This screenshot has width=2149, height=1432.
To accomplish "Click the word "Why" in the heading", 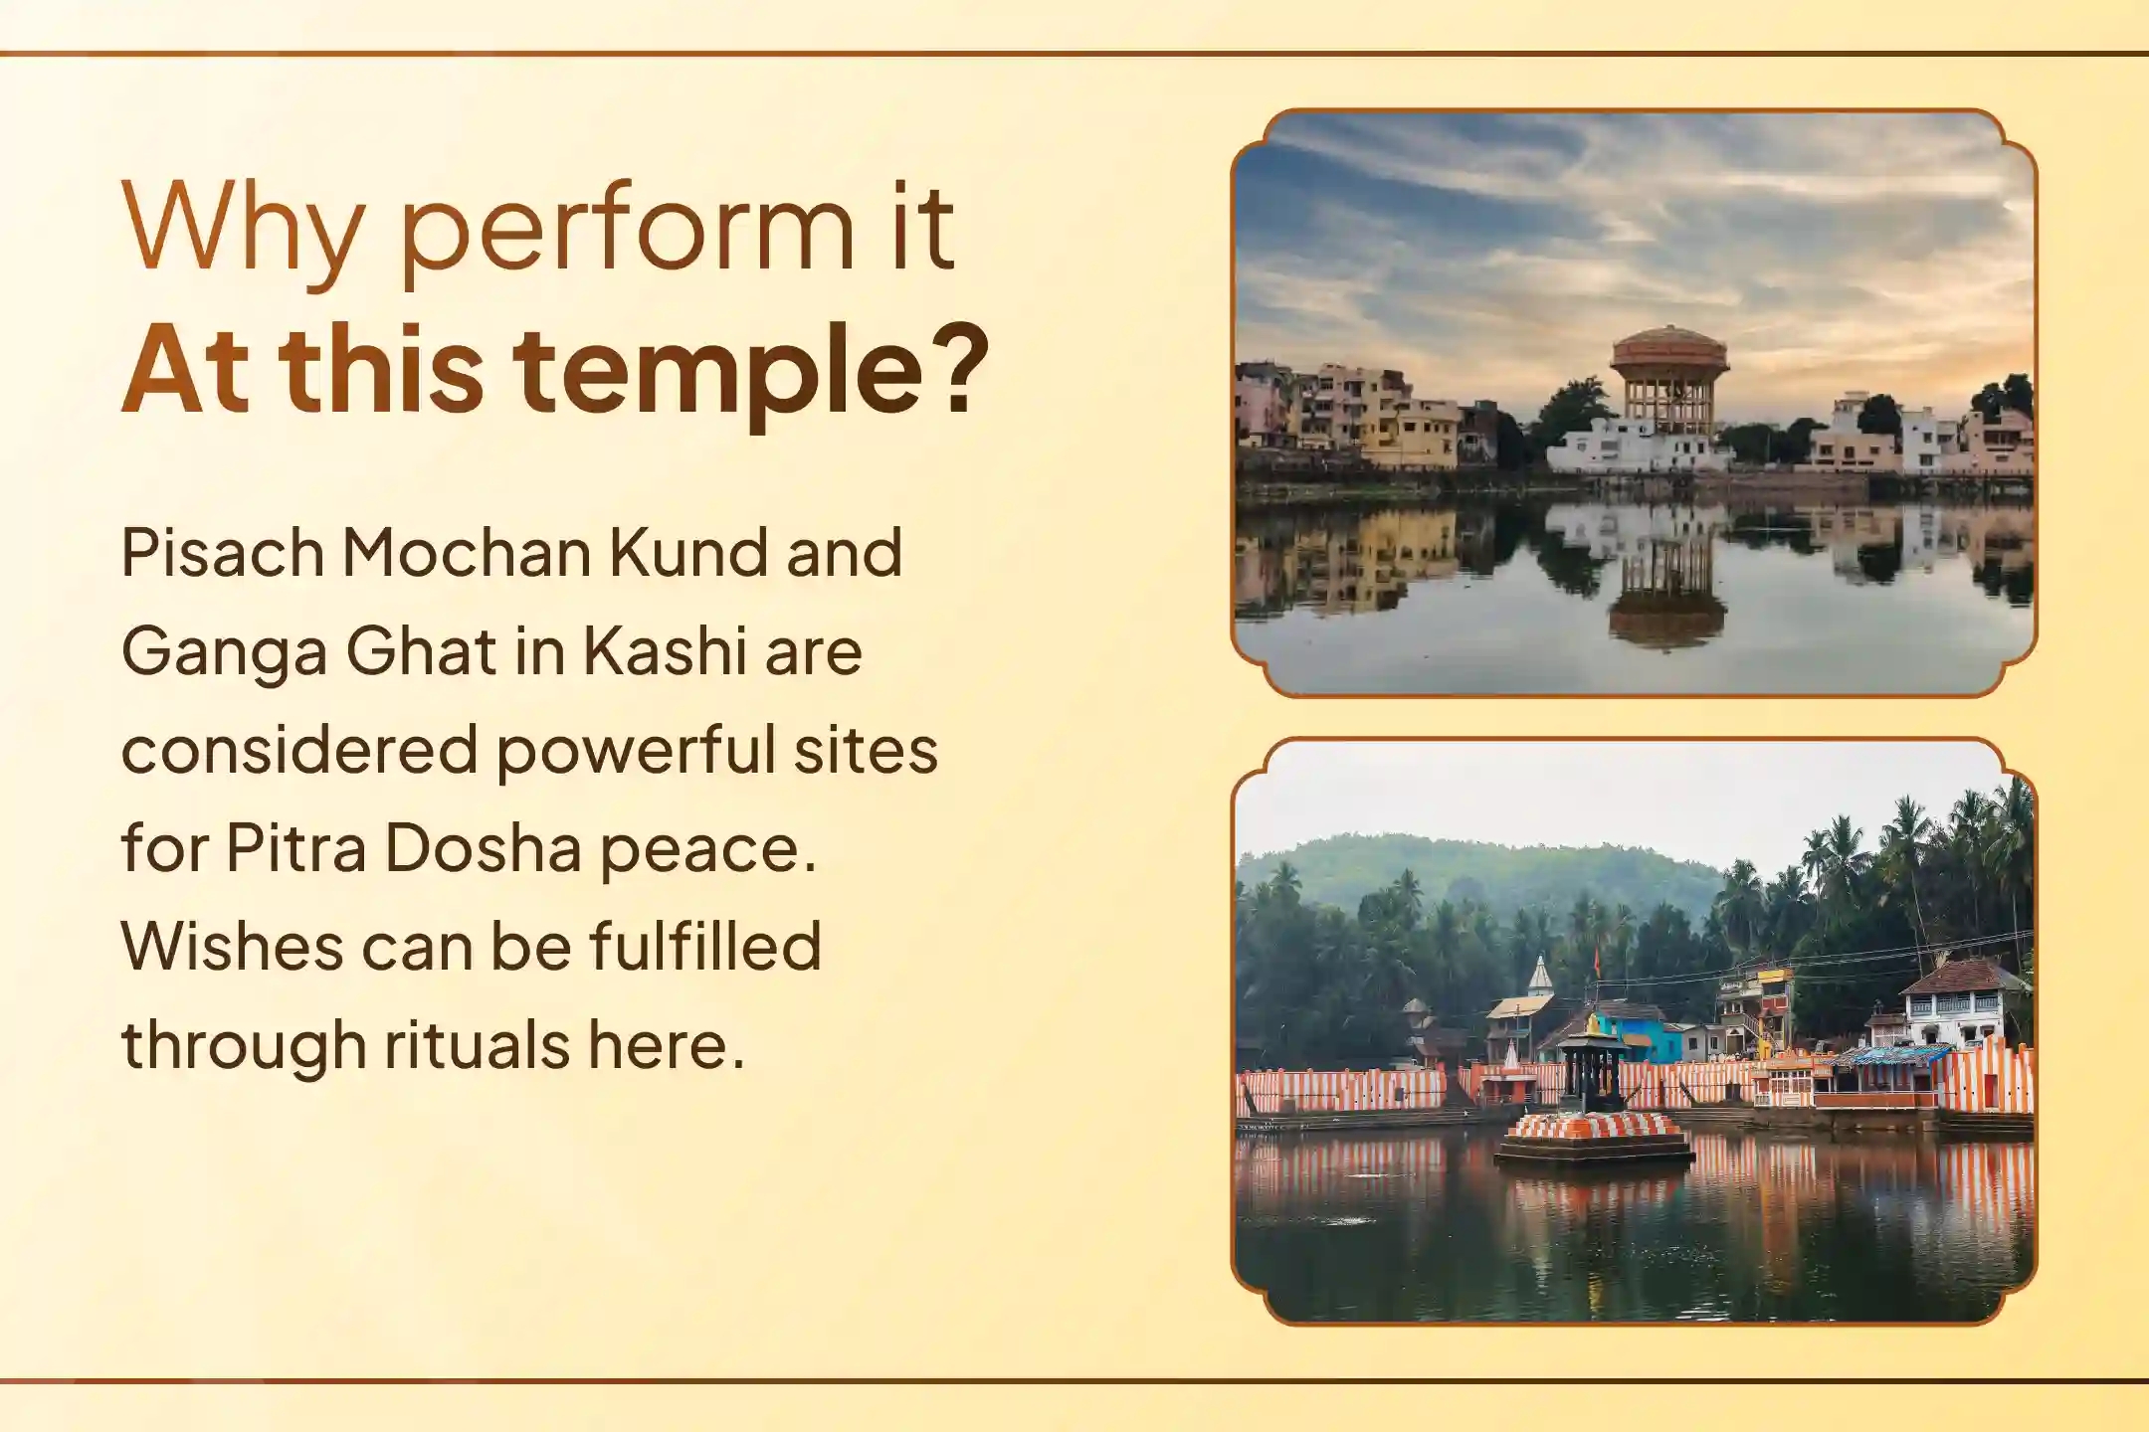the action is pyautogui.click(x=242, y=227).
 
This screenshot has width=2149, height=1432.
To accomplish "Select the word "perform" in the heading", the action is pyautogui.click(x=628, y=227).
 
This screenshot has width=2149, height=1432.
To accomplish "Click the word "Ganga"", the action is pyautogui.click(x=225, y=651).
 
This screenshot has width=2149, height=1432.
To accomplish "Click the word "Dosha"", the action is pyautogui.click(x=484, y=848).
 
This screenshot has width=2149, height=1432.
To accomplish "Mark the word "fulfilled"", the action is pyautogui.click(x=705, y=946).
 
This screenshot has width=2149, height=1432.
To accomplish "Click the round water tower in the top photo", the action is pyautogui.click(x=1669, y=382).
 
